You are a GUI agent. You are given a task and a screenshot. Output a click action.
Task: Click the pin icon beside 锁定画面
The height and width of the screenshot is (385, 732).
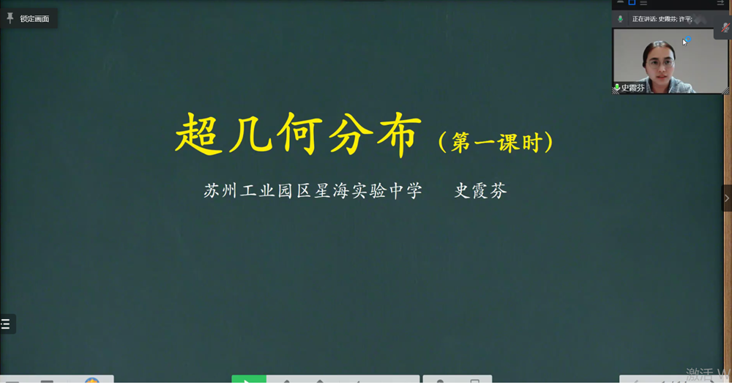(10, 18)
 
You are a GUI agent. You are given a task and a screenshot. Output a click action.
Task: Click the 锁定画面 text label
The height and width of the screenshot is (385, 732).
(34, 18)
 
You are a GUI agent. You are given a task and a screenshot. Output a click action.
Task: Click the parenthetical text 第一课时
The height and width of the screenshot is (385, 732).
(496, 142)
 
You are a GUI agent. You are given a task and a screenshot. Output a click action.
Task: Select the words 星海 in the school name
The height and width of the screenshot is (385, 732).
(335, 191)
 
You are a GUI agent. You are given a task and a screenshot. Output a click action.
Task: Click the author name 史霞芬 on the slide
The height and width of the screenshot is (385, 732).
(480, 191)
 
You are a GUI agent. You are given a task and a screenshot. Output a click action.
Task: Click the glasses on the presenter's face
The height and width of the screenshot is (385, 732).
(661, 63)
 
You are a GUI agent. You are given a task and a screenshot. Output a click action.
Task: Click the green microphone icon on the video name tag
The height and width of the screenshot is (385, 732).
(617, 88)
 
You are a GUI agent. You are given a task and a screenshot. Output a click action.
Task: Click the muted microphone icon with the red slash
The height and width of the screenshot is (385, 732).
(724, 28)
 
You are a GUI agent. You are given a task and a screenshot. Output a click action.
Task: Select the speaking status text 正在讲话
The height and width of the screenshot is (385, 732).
(644, 19)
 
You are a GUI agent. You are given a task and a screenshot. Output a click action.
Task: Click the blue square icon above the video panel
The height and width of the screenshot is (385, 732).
(632, 3)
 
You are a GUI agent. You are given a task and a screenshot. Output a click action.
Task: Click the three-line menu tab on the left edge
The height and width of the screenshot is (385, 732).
(6, 324)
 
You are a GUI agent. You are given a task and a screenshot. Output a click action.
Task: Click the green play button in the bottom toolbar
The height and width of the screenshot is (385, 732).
(248, 381)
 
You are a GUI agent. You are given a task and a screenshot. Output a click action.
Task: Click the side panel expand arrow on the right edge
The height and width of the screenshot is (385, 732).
(726, 198)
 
